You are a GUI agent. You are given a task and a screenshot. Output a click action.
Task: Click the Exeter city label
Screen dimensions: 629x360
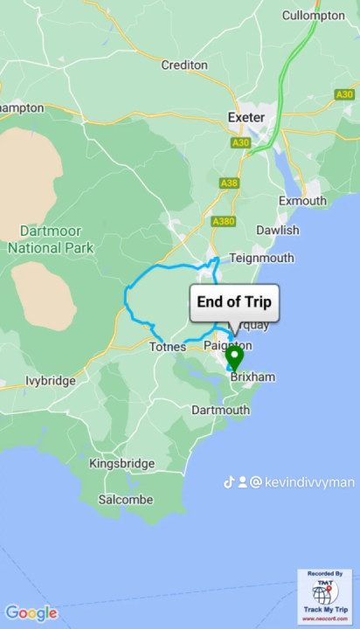point(246,116)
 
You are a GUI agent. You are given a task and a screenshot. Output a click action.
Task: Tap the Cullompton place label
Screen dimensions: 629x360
point(314,16)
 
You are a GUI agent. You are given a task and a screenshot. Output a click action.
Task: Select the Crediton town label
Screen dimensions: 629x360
point(184,66)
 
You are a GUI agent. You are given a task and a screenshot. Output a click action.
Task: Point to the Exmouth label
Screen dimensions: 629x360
point(301,201)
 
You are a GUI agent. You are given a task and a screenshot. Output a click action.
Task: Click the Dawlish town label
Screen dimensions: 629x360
point(277,230)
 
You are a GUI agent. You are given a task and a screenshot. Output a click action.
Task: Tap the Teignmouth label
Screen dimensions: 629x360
point(261,258)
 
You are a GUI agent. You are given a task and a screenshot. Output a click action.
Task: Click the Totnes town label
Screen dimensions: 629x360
point(167,347)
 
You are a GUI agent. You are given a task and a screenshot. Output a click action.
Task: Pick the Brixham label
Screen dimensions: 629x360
point(253,377)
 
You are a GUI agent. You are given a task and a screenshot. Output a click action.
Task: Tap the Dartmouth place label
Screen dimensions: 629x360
point(220,409)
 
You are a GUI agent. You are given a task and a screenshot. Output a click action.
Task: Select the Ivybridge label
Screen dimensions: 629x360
point(50,381)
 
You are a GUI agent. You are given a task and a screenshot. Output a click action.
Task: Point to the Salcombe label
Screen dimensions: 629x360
point(125,500)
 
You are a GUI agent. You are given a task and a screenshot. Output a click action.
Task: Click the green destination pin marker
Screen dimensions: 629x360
point(234,358)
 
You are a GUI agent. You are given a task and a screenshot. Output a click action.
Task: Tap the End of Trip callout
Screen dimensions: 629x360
point(234,303)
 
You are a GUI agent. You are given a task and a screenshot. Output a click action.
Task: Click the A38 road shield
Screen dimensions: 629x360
point(229,183)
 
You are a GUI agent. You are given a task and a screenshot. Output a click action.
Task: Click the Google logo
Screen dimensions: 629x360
point(31,613)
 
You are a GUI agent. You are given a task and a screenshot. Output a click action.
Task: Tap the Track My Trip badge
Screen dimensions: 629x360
point(325,597)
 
